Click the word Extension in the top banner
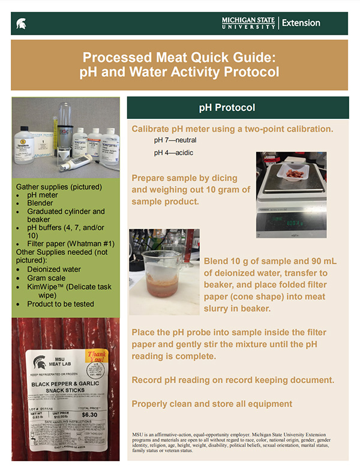pyautogui.click(x=301, y=23)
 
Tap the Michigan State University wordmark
pyautogui.click(x=248, y=23)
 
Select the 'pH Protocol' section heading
pyautogui.click(x=227, y=107)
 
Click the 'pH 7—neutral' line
pyautogui.click(x=175, y=140)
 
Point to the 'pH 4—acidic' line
pyautogui.click(x=175, y=153)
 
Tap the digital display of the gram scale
pyautogui.click(x=289, y=223)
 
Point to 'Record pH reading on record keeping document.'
pyautogui.click(x=233, y=381)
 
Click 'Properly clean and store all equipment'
pyautogui.click(x=212, y=404)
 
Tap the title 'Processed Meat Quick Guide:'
pyautogui.click(x=179, y=58)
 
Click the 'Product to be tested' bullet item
pyautogui.click(x=61, y=304)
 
